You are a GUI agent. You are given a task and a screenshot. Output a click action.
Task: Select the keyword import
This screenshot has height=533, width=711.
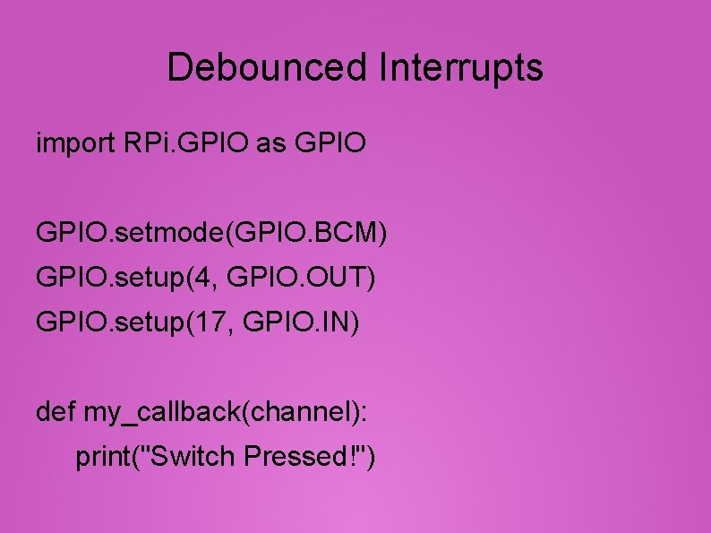click(x=73, y=143)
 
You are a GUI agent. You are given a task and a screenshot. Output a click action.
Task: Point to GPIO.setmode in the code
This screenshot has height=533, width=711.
click(x=131, y=234)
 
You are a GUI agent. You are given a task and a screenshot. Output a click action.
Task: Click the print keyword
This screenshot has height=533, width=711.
click(x=102, y=458)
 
